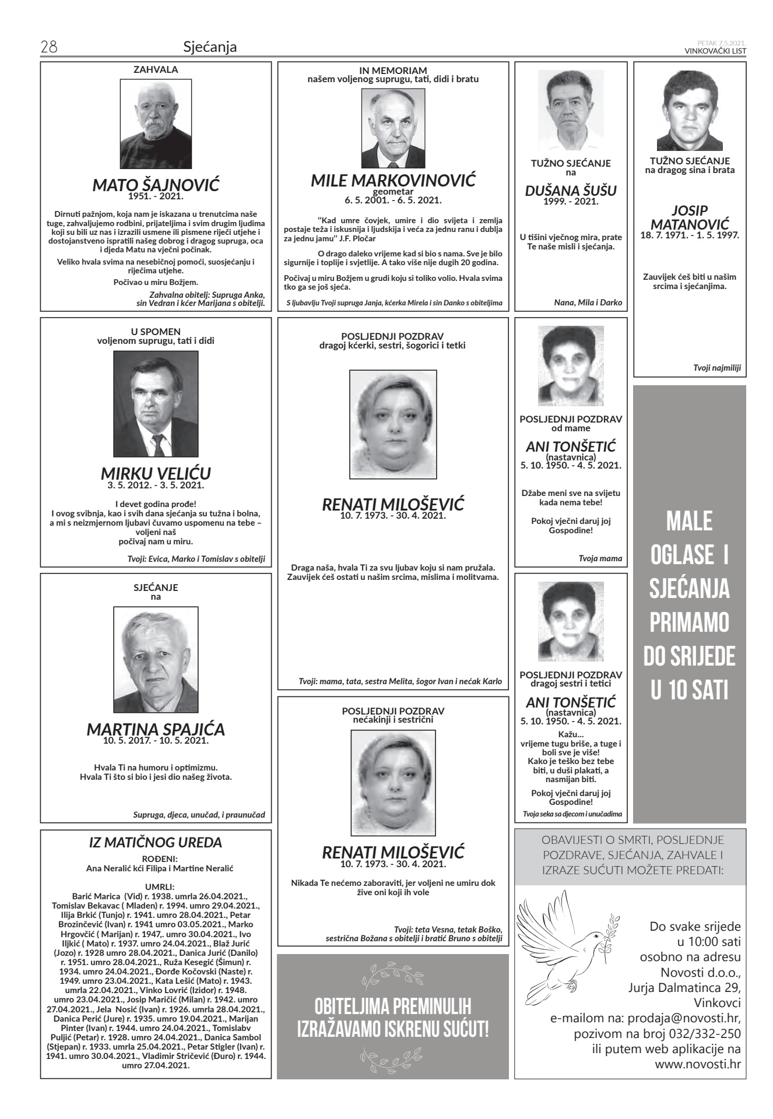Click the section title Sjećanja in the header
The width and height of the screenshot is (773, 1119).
[210, 47]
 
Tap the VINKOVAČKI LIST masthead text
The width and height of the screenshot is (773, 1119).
[715, 51]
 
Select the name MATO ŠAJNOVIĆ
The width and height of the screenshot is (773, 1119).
[156, 186]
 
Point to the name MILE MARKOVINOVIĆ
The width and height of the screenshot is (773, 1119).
[393, 180]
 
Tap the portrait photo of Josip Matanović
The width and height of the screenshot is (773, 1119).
[689, 111]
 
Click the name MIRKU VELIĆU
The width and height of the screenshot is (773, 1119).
[156, 473]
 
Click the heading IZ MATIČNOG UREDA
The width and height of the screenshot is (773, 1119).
[156, 842]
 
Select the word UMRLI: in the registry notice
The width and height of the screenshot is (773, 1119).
[156, 888]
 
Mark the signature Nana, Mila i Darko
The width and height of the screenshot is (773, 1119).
[588, 302]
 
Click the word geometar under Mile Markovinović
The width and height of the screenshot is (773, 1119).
[393, 191]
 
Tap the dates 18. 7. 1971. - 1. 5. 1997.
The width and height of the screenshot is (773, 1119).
[690, 235]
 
